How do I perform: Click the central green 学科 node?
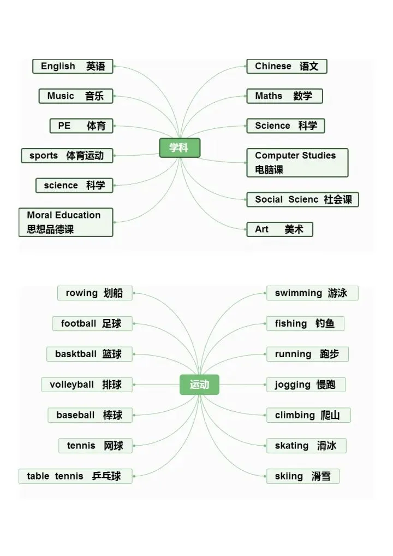coord(180,148)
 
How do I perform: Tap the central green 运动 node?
coord(199,385)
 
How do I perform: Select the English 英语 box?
coord(73,67)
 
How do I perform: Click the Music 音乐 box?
coord(75,96)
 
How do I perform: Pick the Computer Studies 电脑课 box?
coord(297,163)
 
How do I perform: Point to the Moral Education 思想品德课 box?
coord(65,222)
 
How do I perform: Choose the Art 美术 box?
coord(279,229)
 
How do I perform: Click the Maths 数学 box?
coord(284,96)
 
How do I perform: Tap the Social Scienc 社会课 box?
coord(302,199)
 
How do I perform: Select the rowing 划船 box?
coord(94,293)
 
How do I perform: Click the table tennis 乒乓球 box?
coord(75,476)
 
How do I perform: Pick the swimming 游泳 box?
coord(312,293)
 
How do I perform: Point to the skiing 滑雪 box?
coord(302,476)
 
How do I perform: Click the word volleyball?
coord(72,385)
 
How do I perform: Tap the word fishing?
coord(291,323)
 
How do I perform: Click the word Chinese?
coord(273,66)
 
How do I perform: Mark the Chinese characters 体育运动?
coord(85,156)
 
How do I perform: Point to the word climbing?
coord(295,415)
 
